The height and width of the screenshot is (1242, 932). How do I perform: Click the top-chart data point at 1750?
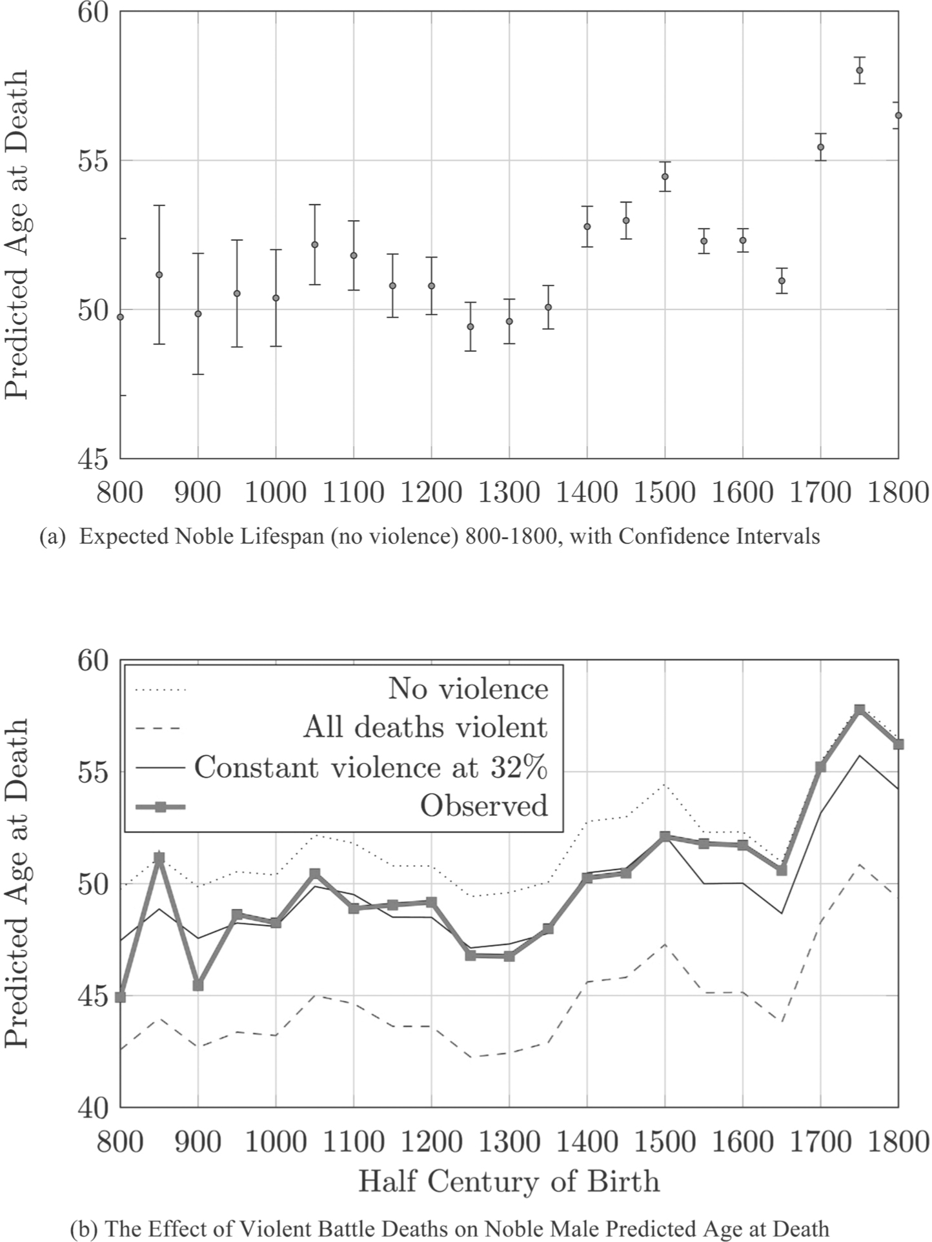click(859, 70)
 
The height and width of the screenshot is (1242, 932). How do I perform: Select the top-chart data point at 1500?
click(665, 176)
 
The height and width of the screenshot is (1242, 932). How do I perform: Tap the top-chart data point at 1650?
click(782, 281)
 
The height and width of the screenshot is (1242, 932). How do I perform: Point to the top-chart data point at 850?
click(159, 275)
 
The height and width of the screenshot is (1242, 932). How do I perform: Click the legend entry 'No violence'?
click(468, 689)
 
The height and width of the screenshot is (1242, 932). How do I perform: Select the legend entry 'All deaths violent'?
click(425, 728)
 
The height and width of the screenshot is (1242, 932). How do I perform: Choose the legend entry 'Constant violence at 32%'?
click(371, 768)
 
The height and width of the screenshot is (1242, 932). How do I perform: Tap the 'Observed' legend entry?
click(483, 806)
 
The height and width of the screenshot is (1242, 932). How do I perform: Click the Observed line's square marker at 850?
click(159, 858)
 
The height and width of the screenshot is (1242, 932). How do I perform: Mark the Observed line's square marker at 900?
click(198, 985)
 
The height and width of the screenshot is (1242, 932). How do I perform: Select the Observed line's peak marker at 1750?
click(859, 710)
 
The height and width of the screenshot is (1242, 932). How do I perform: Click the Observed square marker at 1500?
click(665, 837)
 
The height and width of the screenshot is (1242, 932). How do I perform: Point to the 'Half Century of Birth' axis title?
click(509, 1181)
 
